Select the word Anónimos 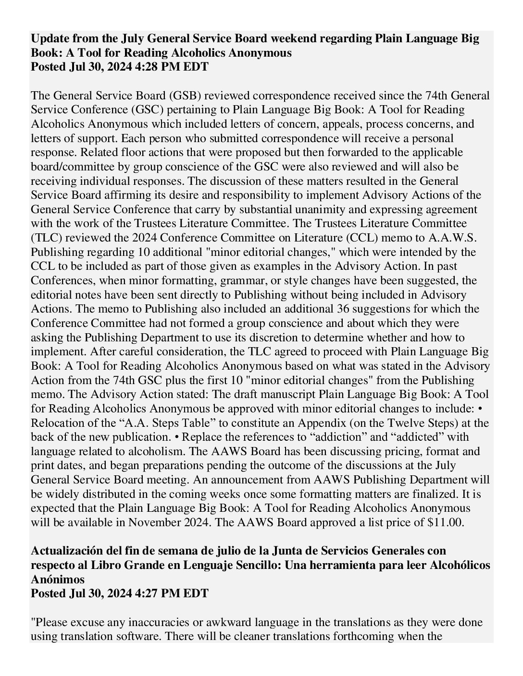coord(58,579)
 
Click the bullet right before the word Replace coord(176,437)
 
